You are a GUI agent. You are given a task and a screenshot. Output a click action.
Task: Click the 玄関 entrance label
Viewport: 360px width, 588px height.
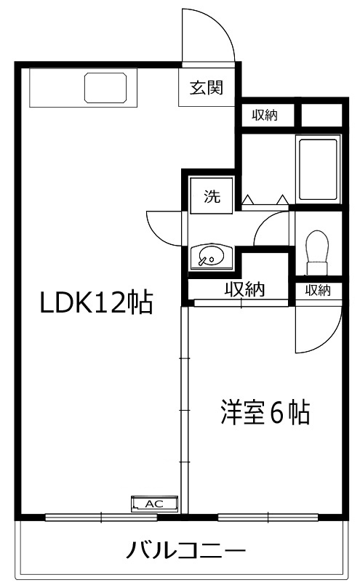[x=207, y=88]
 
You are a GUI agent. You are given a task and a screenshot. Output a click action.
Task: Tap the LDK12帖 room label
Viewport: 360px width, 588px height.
[x=97, y=302]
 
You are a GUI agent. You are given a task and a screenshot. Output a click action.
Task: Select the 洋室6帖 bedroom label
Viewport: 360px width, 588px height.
[x=265, y=413]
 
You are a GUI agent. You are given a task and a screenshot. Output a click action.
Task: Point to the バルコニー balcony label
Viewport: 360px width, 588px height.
[x=186, y=550]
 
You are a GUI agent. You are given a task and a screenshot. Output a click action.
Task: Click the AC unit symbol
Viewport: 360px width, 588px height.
[x=154, y=503]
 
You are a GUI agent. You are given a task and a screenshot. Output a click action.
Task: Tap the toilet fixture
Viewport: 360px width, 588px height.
[x=318, y=252]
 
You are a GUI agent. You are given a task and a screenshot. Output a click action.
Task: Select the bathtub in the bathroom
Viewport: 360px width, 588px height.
[x=318, y=169]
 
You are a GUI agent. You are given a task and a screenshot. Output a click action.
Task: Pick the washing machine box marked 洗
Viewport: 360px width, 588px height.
[x=212, y=196]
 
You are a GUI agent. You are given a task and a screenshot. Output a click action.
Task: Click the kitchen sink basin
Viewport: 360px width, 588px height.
[x=105, y=88]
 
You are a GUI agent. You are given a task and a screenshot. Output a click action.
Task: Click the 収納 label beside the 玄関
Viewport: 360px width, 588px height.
[x=265, y=115]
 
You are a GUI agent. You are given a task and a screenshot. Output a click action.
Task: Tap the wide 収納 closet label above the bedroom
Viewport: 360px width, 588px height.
[x=245, y=289]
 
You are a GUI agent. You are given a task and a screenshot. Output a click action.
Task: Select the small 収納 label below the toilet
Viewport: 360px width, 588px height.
[x=318, y=290]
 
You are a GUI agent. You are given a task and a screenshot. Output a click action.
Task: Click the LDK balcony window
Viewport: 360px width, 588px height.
[x=101, y=517]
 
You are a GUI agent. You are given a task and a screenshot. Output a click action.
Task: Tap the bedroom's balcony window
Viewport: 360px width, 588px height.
[x=268, y=517]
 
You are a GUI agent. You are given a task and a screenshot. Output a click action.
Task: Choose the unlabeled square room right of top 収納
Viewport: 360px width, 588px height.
[x=321, y=115]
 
